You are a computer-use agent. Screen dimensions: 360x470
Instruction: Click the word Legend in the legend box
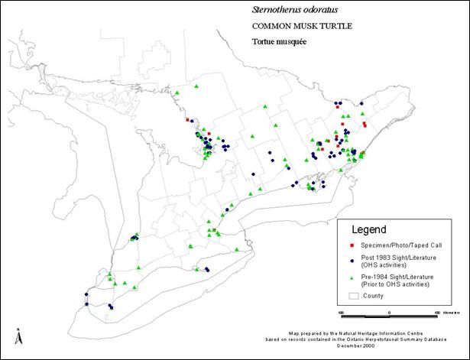[368, 229]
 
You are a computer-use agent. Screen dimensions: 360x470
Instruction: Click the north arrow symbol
[18, 335]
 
